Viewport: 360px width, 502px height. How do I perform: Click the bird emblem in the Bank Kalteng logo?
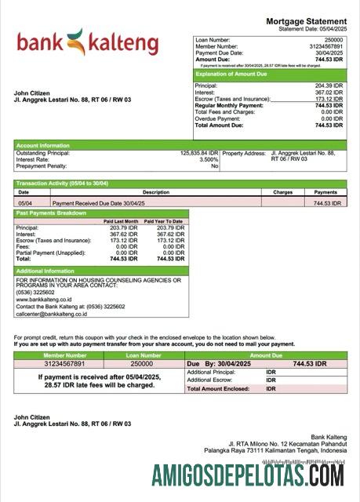75,39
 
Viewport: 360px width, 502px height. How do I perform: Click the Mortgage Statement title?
306,21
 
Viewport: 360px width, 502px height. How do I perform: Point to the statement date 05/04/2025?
330,29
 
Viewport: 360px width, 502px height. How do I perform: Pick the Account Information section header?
44,145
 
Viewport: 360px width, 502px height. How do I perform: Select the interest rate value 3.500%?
209,159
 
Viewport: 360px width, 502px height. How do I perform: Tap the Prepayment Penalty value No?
214,166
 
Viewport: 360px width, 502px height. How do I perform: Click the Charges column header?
282,192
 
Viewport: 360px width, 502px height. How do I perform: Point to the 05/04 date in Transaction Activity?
24,202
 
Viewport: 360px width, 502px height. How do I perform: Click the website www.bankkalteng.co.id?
45,299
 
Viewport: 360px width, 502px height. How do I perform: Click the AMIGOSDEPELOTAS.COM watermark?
248,475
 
